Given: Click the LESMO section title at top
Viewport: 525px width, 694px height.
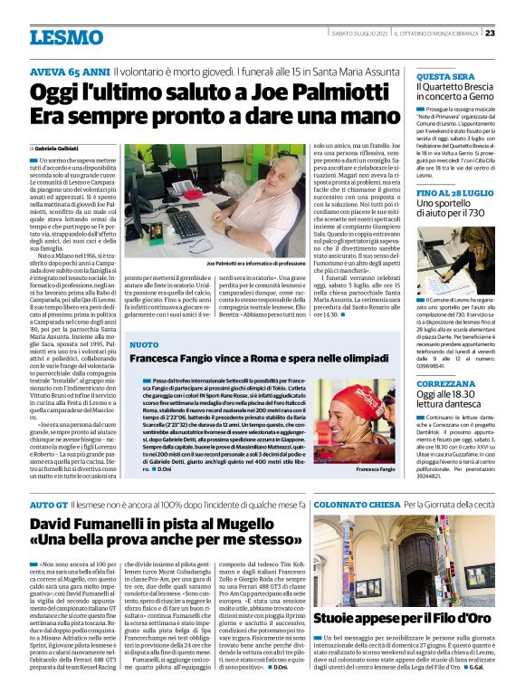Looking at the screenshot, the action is pos(66,38).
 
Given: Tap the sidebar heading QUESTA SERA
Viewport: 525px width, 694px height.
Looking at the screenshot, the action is pos(441,78).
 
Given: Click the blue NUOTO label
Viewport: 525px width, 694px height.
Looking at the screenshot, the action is pos(143,345).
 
